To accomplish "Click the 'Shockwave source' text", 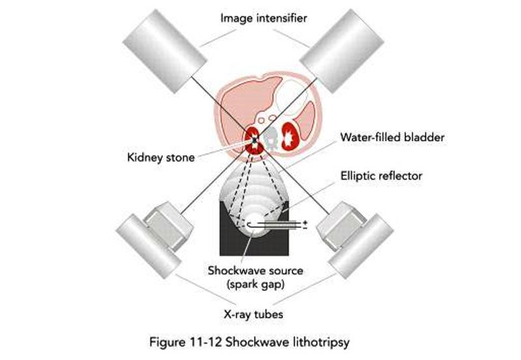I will tap(256, 270).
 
